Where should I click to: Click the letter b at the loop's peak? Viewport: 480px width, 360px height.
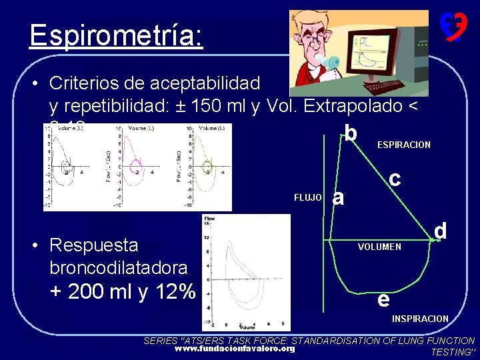click(x=350, y=133)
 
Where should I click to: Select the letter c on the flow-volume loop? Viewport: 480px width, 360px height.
click(x=395, y=178)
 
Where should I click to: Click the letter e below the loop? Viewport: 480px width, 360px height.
click(x=383, y=299)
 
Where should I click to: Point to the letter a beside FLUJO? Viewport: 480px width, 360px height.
click(x=339, y=198)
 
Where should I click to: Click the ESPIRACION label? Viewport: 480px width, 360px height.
click(x=404, y=145)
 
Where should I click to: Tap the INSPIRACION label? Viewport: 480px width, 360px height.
click(x=420, y=319)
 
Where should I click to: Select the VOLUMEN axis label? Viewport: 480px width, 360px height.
click(x=379, y=247)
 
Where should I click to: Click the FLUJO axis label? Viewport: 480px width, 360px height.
click(x=308, y=197)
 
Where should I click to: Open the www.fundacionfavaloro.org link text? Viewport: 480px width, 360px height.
click(x=234, y=349)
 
